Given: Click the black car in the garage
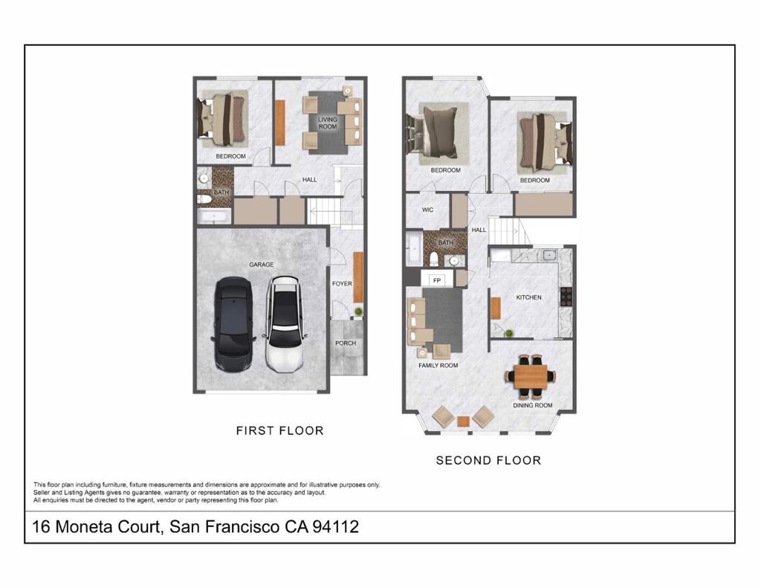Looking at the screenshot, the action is tap(233, 326).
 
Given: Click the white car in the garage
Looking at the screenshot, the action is tap(285, 324).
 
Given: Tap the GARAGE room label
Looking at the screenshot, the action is tap(261, 265).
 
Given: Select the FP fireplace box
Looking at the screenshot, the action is tap(437, 280).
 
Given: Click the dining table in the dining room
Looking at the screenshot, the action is tap(531, 375).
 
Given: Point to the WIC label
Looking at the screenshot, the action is tap(427, 210).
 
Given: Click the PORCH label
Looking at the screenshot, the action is tap(346, 343).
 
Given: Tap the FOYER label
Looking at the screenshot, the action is tap(342, 283).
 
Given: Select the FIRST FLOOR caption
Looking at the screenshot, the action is tap(280, 430).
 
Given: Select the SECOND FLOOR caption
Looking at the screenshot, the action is tap(488, 460).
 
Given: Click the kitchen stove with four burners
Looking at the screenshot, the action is tap(566, 296).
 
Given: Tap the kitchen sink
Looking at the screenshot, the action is tap(549, 254).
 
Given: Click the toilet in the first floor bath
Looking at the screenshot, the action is tap(204, 199).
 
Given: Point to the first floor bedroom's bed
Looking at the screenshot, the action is tap(223, 119).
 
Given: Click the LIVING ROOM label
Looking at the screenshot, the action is tap(328, 123).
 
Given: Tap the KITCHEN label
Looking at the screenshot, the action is tap(528, 297).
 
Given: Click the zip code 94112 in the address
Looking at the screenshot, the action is tap(336, 526).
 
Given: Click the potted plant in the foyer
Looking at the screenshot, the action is tap(358, 311).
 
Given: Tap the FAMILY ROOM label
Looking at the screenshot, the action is tap(438, 365).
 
